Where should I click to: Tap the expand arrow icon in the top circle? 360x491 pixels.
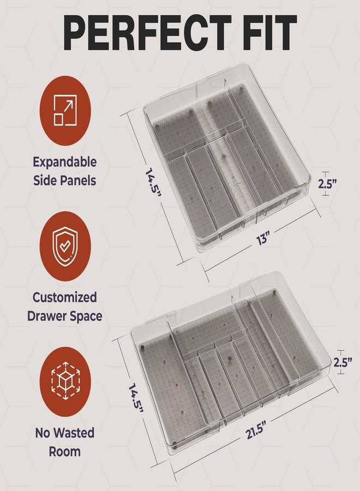pyautogui.click(x=65, y=110)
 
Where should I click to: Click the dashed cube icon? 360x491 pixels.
pyautogui.click(x=65, y=381)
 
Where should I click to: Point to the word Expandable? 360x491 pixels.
pyautogui.click(x=65, y=162)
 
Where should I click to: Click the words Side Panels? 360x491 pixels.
pyautogui.click(x=65, y=181)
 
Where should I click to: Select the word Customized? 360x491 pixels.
pyautogui.click(x=65, y=297)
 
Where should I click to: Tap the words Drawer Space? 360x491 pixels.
pyautogui.click(x=65, y=316)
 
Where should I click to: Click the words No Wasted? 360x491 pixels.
pyautogui.click(x=65, y=433)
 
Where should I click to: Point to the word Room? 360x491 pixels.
pyautogui.click(x=65, y=452)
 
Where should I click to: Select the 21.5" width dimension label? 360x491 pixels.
pyautogui.click(x=256, y=430)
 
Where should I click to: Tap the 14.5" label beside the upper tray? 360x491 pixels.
pyautogui.click(x=153, y=183)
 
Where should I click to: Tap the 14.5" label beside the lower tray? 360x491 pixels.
pyautogui.click(x=136, y=397)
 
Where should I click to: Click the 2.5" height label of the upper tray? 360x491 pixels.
pyautogui.click(x=327, y=183)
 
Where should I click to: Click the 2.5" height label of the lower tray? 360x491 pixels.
pyautogui.click(x=343, y=362)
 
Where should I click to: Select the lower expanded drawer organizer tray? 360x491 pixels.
pyautogui.click(x=231, y=363)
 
